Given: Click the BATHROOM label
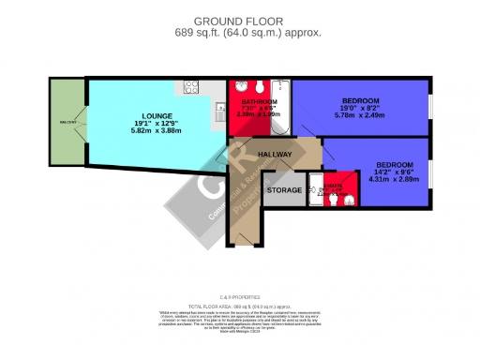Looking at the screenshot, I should [x=260, y=101].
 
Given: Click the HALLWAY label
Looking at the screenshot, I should [x=275, y=155].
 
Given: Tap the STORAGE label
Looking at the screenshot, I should [x=284, y=190].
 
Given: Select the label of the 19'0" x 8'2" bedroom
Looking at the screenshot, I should [x=360, y=101].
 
